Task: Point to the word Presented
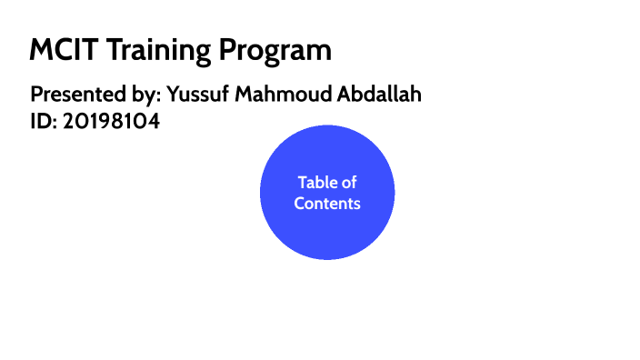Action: point(75,95)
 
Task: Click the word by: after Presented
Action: point(143,95)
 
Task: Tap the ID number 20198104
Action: point(111,121)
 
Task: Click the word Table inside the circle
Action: point(316,183)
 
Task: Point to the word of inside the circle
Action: point(349,183)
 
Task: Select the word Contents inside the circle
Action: point(327,204)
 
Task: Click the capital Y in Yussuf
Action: point(173,95)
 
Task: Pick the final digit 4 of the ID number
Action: point(154,121)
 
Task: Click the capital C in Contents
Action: point(300,204)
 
